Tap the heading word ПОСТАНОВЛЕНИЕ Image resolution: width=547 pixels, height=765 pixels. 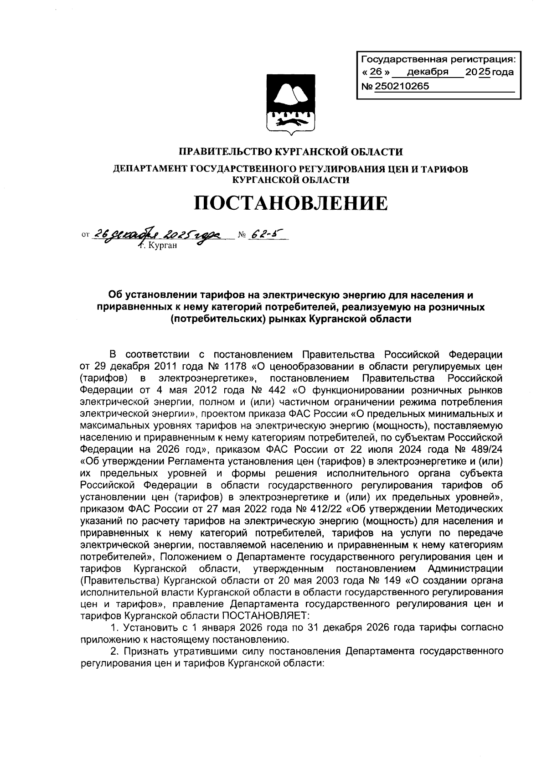(x=291, y=203)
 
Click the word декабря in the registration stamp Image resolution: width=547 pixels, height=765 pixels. (x=428, y=72)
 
